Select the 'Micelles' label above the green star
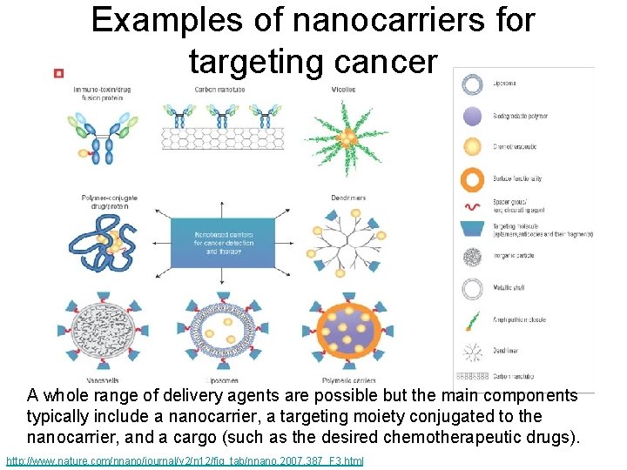coord(343,90)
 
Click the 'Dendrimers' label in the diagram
coord(348,198)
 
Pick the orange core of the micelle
coord(347,138)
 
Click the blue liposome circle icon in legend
coord(473,84)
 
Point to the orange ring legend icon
coord(473,179)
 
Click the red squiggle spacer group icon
coord(473,209)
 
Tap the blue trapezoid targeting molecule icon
coord(473,232)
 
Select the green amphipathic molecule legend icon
coord(473,320)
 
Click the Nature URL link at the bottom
coord(184,459)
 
